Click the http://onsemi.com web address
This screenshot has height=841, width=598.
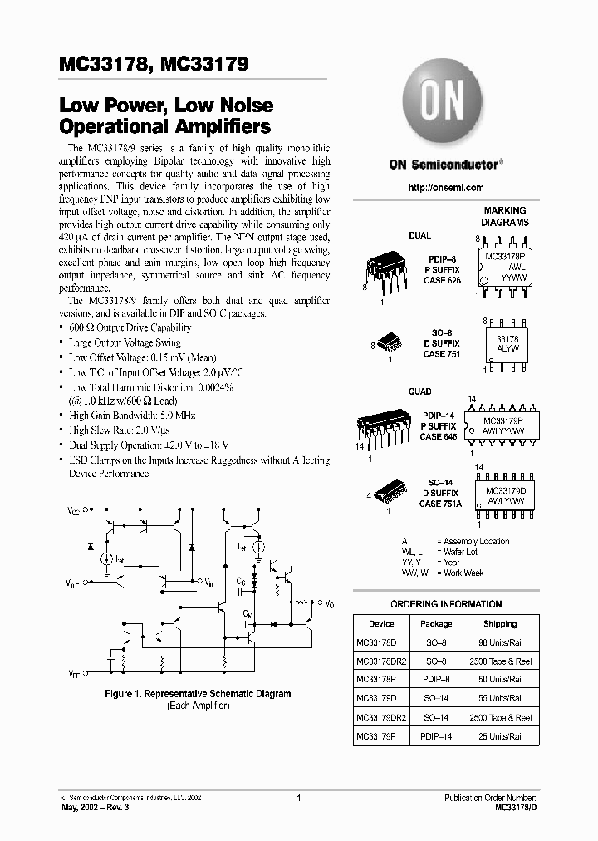click(445, 188)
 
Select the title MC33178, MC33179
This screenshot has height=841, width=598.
click(154, 64)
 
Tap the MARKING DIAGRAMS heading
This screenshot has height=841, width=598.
click(505, 217)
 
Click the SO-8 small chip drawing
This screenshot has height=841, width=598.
click(389, 342)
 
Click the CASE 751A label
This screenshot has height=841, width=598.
click(441, 504)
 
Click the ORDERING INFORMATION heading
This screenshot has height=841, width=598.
click(446, 604)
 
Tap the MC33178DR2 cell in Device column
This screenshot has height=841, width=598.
click(381, 661)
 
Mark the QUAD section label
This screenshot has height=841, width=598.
click(419, 391)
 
